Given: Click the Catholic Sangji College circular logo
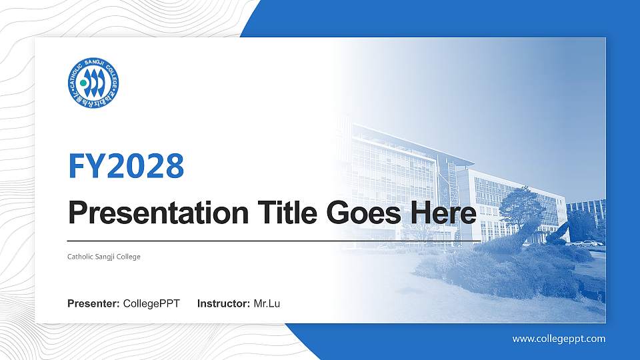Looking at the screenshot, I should [x=94, y=82].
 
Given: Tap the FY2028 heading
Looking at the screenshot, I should [x=126, y=166].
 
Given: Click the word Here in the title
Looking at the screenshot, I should [x=445, y=213].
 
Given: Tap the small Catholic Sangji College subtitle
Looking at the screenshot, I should [x=104, y=257].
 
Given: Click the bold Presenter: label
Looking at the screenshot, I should [x=93, y=304].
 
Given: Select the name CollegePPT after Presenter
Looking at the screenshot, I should [x=151, y=304].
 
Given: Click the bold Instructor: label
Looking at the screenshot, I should [x=224, y=304].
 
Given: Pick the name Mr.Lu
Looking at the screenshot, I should [x=267, y=304].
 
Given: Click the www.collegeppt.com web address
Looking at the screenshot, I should [x=559, y=339].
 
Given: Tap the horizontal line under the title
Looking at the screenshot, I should [x=273, y=241].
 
